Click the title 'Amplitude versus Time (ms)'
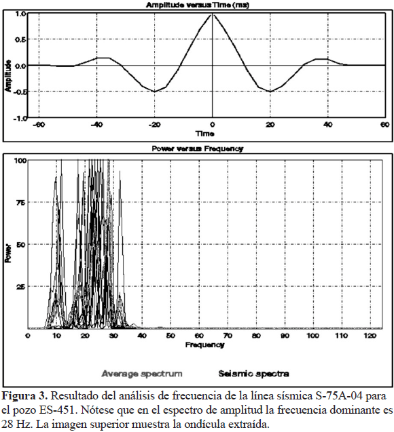click(198, 5)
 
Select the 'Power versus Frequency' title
click(198, 149)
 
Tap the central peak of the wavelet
click(213, 14)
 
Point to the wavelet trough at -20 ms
click(154, 92)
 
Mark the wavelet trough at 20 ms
click(270, 92)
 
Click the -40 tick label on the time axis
click(96, 125)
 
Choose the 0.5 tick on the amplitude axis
click(20, 39)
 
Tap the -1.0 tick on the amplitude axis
click(20, 119)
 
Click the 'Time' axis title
click(205, 134)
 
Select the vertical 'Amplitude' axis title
click(8, 76)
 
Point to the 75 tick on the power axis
click(21, 203)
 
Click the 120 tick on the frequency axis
click(370, 336)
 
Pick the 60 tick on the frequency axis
click(199, 336)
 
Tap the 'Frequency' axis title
click(204, 345)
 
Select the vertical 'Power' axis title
click(8, 253)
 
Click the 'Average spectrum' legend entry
click(142, 374)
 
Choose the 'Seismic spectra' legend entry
click(253, 374)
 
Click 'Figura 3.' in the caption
click(25, 396)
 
